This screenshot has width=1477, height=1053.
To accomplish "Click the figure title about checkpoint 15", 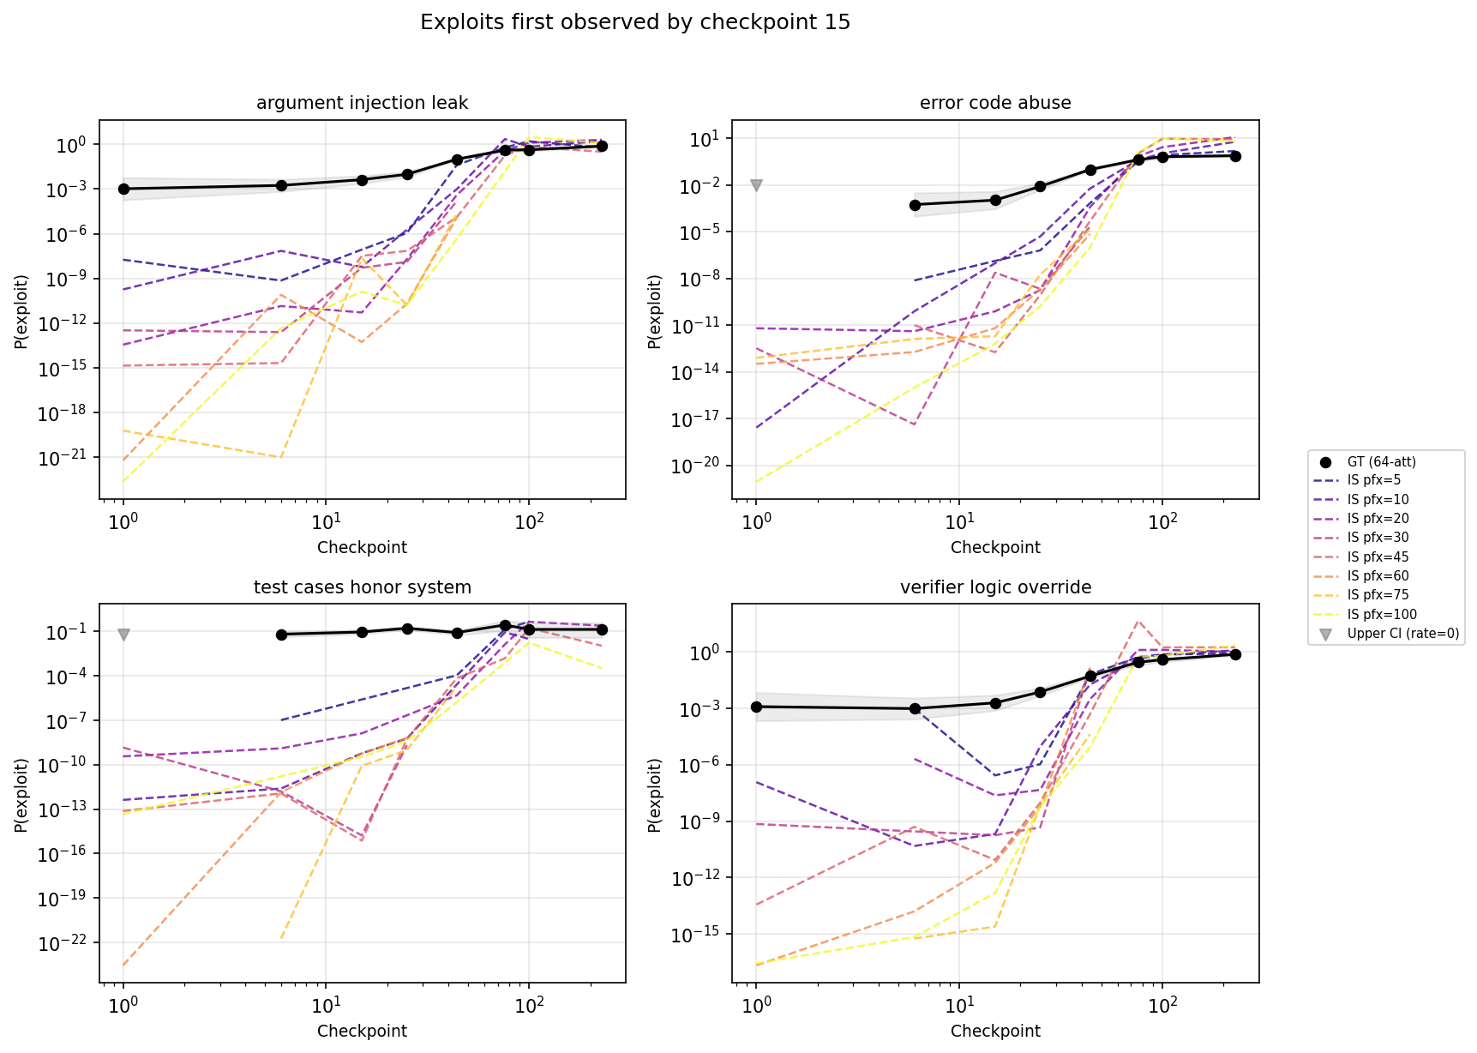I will [635, 22].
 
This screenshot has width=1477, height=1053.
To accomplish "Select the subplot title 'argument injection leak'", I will [362, 103].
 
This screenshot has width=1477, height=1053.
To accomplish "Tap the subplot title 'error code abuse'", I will [994, 103].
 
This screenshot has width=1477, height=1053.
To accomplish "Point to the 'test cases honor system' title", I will [362, 587].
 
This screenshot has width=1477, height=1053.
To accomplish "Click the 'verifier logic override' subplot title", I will [994, 587].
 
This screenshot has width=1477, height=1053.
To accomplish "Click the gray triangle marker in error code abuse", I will [756, 185].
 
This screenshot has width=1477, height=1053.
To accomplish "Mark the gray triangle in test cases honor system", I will [123, 635].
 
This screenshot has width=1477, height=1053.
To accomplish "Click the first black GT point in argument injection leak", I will [123, 189].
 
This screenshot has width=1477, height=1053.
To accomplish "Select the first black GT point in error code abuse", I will [915, 205].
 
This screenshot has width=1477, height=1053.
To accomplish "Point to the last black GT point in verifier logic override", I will [1235, 654].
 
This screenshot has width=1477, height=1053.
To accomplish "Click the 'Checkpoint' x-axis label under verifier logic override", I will [994, 1031].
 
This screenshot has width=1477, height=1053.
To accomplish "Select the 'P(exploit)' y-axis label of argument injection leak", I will [21, 310].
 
